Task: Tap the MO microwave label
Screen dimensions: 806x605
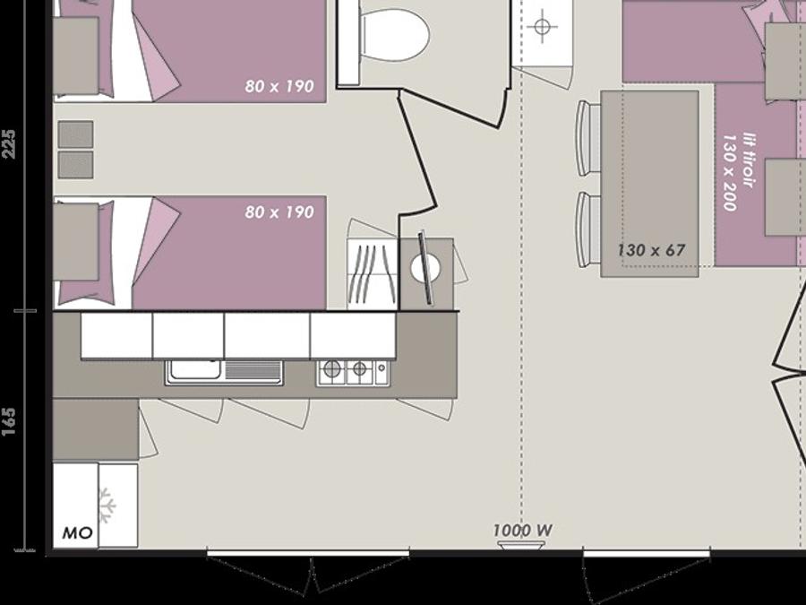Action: tap(77, 533)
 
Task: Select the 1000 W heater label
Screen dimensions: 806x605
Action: tap(523, 530)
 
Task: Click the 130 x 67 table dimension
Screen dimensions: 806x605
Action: tap(651, 251)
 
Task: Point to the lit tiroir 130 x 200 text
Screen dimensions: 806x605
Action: tap(739, 172)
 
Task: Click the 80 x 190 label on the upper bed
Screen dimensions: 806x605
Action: tap(279, 86)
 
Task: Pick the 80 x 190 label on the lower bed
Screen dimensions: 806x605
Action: tap(279, 212)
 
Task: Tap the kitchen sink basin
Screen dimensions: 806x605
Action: tap(195, 370)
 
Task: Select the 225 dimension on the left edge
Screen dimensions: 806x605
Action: tap(9, 143)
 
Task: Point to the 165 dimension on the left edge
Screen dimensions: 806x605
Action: tap(9, 422)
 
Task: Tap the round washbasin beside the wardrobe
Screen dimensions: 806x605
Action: tap(425, 269)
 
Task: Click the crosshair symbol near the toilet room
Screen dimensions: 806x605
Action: tap(543, 26)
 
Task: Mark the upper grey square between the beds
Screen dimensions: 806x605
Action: tap(75, 134)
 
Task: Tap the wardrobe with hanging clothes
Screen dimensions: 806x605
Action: tap(373, 273)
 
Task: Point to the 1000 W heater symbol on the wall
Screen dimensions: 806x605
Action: tap(520, 546)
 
